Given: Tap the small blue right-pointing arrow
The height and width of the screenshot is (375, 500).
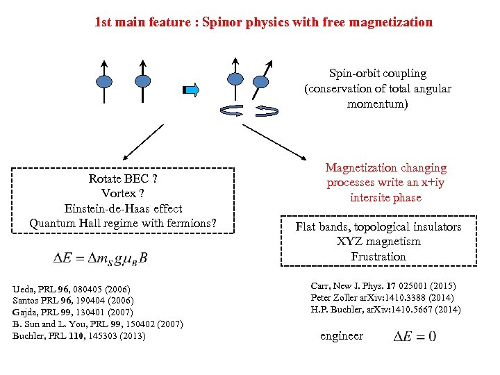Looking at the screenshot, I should [x=191, y=90].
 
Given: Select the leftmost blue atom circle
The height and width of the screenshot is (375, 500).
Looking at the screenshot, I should [x=104, y=81].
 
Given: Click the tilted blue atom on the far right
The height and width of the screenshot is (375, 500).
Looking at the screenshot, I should [x=259, y=82].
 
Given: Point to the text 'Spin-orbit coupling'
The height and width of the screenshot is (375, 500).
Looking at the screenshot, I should [x=378, y=73].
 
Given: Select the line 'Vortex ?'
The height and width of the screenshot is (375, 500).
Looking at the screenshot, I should [x=123, y=193].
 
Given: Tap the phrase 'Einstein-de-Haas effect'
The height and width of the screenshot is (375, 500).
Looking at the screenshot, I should [x=123, y=208].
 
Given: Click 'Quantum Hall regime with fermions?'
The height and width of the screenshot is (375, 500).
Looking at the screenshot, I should [x=123, y=223].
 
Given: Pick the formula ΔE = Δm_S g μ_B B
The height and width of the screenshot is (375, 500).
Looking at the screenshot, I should [x=101, y=258].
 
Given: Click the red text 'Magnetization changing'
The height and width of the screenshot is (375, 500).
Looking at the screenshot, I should [x=385, y=167].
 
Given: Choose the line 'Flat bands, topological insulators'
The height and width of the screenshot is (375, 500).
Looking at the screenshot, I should [x=378, y=226].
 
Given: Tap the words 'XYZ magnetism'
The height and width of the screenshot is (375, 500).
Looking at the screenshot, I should [x=378, y=242].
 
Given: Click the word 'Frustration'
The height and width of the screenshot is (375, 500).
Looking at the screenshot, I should [x=378, y=256].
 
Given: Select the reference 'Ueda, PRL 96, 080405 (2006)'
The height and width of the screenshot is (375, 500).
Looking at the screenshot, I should [x=72, y=288].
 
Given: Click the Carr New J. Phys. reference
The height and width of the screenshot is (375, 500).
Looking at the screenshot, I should [x=383, y=285].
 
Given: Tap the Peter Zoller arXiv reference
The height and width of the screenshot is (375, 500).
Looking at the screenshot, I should [x=383, y=297].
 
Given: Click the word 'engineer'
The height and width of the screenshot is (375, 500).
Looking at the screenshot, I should [x=342, y=336].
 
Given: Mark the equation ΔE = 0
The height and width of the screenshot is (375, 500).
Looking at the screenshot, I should [x=415, y=337].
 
